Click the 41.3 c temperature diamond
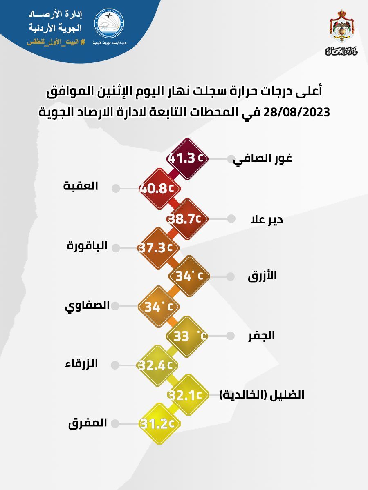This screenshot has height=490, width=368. [x=188, y=158]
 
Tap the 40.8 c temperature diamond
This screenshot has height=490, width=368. [x=158, y=189]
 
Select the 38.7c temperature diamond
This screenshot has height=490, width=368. [x=188, y=218]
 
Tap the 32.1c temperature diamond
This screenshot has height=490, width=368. [x=188, y=395]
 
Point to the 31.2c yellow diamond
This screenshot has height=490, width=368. [x=158, y=424]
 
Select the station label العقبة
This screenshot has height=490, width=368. [x=81, y=186]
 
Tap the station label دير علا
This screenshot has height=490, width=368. [x=267, y=220]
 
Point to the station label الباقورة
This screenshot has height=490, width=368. [x=87, y=246]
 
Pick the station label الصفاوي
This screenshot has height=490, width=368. [x=87, y=305]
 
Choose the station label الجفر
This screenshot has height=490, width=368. [x=262, y=336]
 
